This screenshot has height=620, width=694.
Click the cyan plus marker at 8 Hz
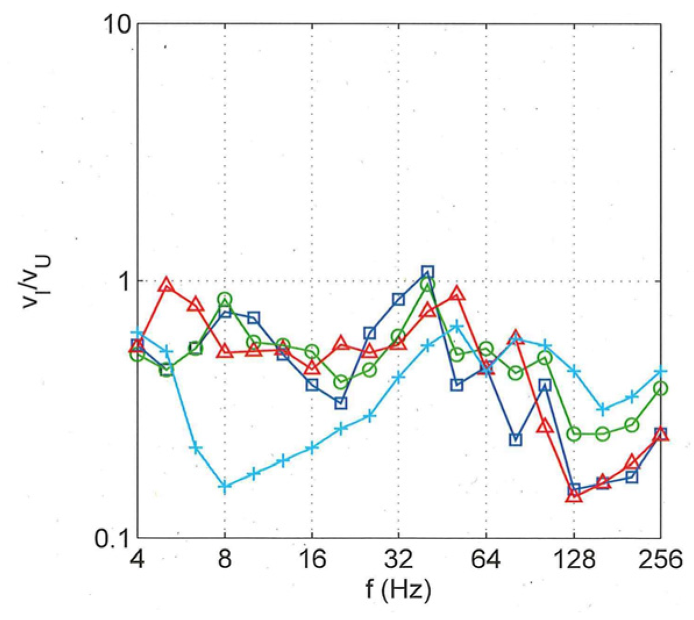(x=225, y=486)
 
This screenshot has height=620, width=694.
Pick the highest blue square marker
(x=428, y=272)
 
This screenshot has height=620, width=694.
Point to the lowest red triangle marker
(x=574, y=496)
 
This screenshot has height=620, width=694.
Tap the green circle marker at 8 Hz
(x=225, y=300)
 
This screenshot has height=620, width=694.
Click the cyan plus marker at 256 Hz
(x=660, y=370)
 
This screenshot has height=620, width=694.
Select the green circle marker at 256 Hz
(x=660, y=388)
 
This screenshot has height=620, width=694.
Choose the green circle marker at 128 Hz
(x=574, y=434)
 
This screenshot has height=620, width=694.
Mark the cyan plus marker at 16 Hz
(x=312, y=447)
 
